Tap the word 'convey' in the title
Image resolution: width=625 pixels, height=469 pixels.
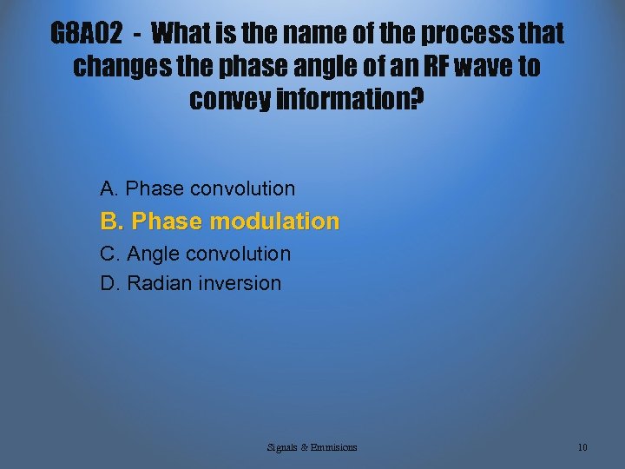point(228,100)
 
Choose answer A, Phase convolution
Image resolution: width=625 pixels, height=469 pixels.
point(198,188)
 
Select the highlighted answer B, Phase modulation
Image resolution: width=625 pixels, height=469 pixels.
point(220,221)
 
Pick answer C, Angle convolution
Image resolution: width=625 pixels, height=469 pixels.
point(195,254)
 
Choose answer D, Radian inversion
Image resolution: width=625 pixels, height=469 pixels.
point(191,283)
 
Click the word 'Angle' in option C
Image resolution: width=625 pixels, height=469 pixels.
point(153,254)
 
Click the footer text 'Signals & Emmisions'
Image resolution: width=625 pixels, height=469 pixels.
point(312,447)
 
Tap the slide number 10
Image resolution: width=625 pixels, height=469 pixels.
point(582,447)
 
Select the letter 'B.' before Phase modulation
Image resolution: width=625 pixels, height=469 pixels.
point(112,221)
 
